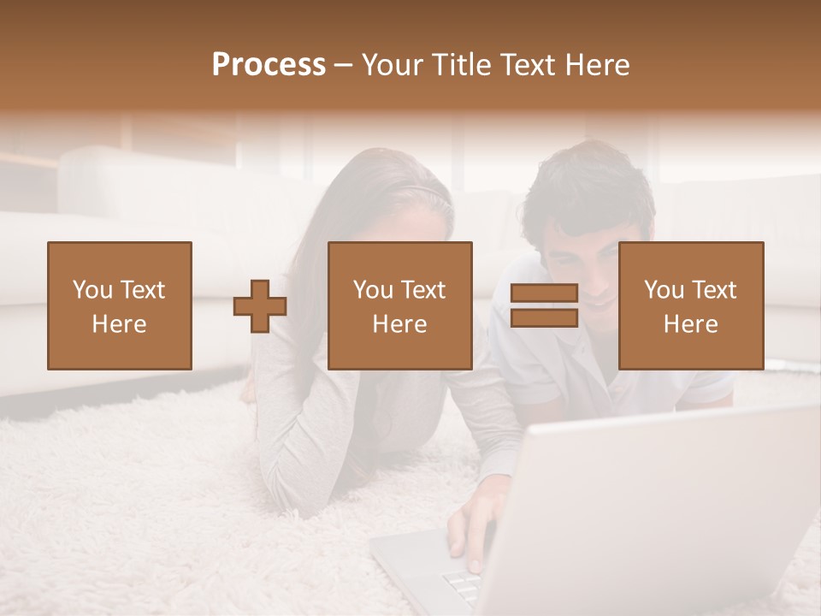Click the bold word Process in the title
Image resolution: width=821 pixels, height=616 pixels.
[269, 65]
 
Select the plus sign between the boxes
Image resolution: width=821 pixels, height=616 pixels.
[260, 306]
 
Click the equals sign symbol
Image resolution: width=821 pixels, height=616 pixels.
[544, 305]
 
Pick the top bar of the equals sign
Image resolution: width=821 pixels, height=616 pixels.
[544, 293]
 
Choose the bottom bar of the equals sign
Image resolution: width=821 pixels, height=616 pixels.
[544, 318]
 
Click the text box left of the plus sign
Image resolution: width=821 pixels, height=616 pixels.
[119, 305]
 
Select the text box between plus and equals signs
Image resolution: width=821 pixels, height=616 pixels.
[399, 305]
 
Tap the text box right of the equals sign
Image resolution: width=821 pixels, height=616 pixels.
[690, 305]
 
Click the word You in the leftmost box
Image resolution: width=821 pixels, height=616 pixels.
[92, 289]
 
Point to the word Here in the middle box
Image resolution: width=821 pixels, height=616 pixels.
[399, 324]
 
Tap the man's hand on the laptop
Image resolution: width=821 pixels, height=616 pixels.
[469, 530]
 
